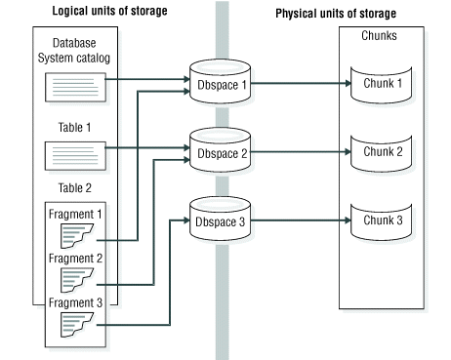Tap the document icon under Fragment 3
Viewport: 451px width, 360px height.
point(75,324)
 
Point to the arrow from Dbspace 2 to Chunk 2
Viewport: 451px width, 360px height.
point(303,152)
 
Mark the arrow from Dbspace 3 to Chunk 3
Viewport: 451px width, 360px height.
point(303,219)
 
